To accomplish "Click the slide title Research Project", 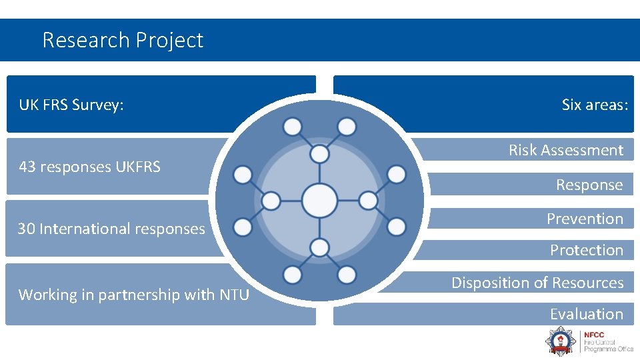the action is coord(123,40).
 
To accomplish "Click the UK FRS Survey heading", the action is coord(71,105).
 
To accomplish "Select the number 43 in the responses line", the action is coord(27,167).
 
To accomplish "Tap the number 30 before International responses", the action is coord(26,229).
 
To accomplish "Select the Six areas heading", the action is coord(595,105).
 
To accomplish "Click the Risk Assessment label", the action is coord(566,150).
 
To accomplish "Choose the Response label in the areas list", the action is coord(589,185).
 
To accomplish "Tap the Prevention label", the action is coord(585,219).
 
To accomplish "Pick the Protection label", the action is coord(586,250).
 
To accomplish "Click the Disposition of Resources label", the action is coord(537,283).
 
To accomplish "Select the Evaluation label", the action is coord(586,314).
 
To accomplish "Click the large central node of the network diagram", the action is coord(319,200).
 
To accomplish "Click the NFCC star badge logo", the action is coord(559,341).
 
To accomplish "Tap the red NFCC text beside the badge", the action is coord(593,335).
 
